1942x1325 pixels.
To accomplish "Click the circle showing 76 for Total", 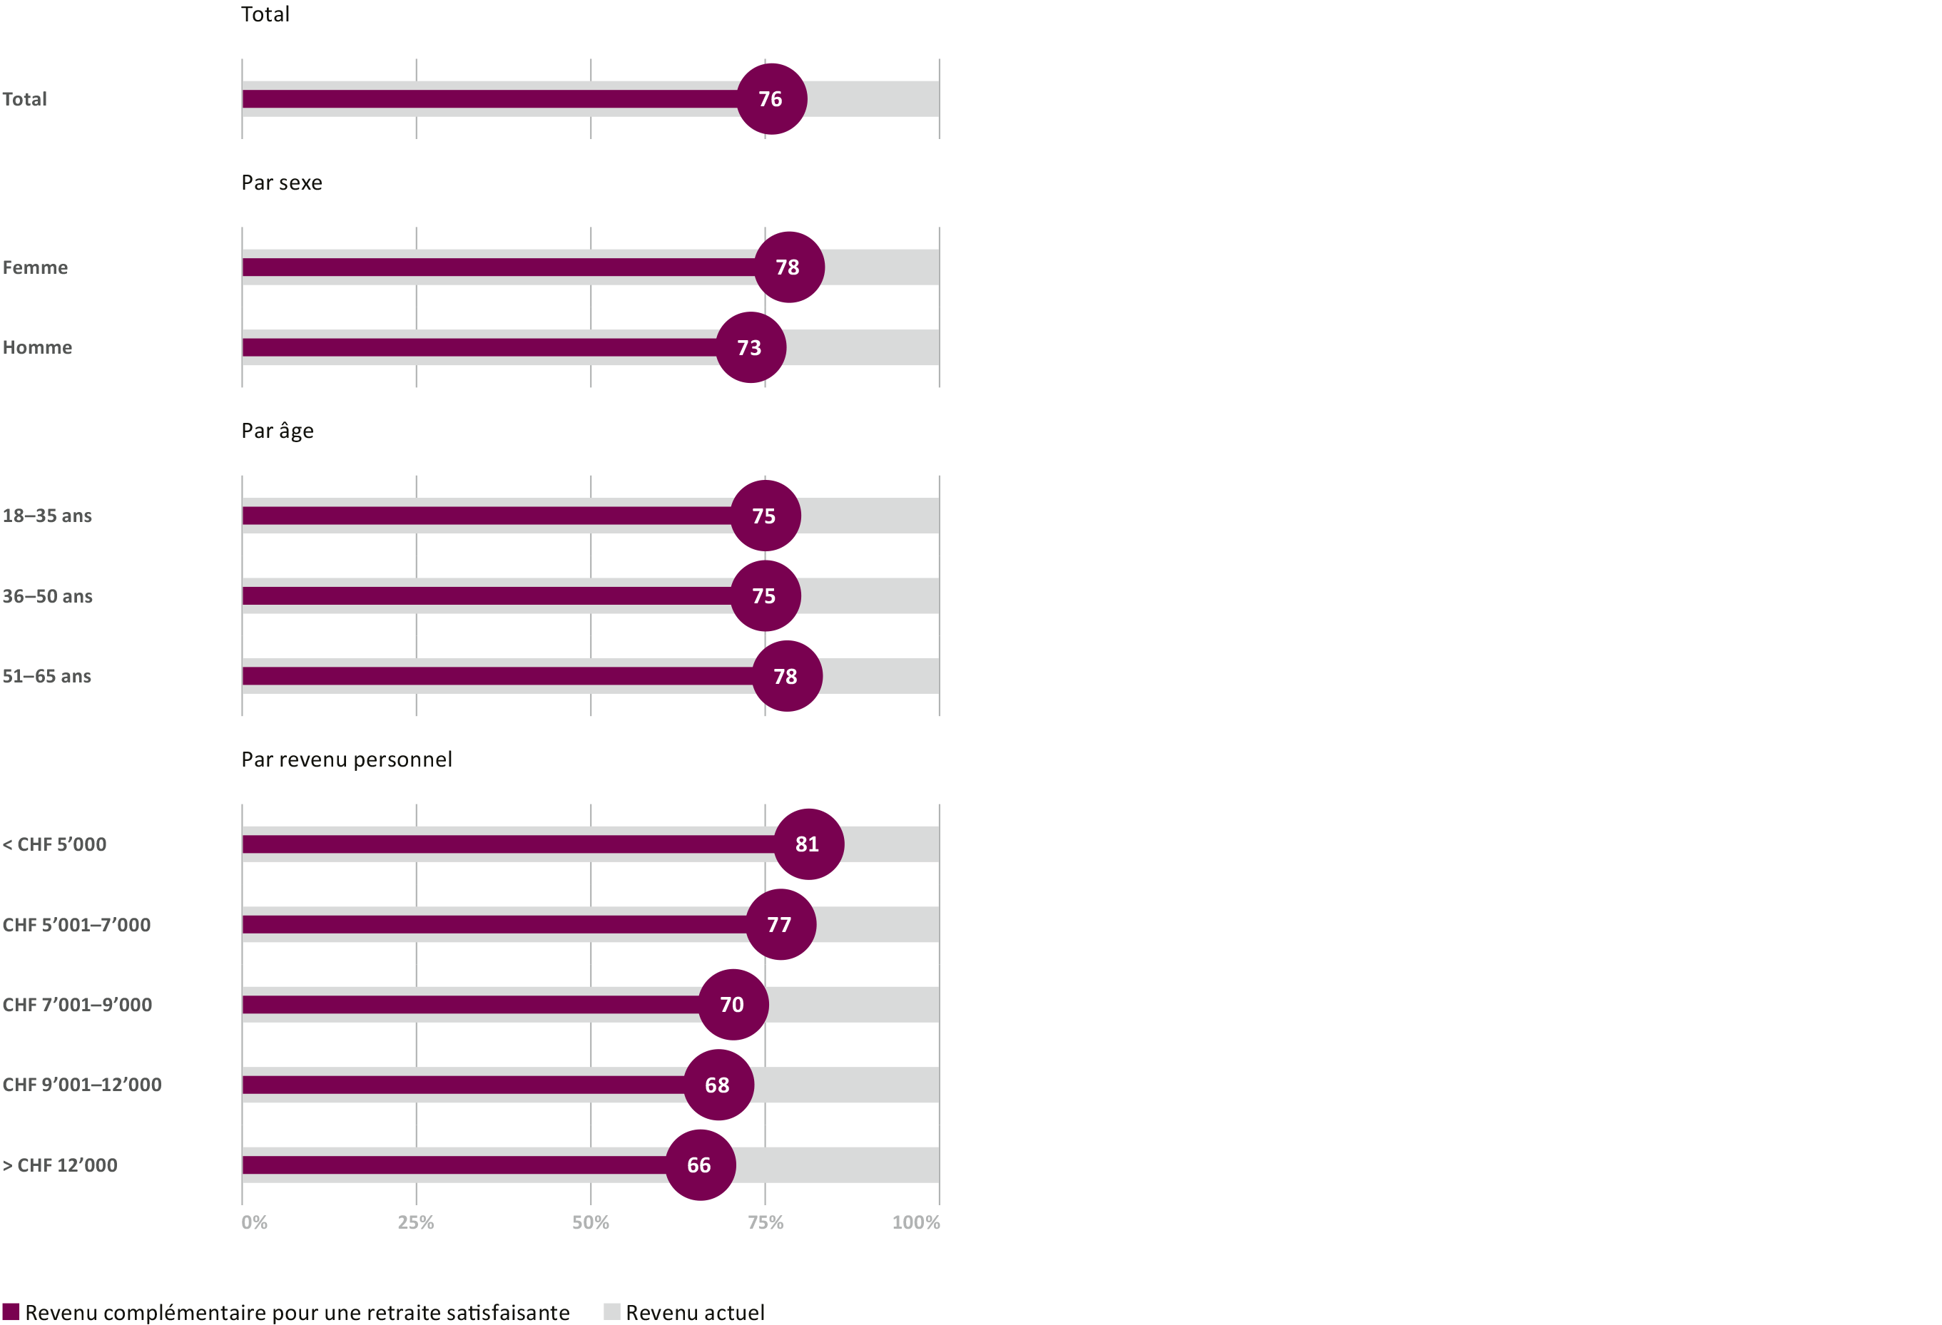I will click(771, 98).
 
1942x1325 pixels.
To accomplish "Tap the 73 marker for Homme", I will click(751, 347).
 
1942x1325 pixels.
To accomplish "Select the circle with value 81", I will click(808, 844).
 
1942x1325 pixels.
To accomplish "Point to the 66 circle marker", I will click(701, 1165).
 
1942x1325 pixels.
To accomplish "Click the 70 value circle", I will click(733, 1004).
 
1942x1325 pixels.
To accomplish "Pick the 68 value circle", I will click(718, 1085).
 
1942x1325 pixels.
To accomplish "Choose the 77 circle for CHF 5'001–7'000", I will click(781, 924).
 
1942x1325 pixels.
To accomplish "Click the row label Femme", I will click(35, 267).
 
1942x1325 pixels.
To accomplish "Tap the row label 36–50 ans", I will click(48, 596).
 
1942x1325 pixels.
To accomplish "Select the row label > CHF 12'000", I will click(60, 1165).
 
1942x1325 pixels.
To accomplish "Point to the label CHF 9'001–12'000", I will click(82, 1085).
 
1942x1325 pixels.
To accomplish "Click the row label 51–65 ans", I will click(47, 677).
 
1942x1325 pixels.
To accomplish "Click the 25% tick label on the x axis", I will click(416, 1223).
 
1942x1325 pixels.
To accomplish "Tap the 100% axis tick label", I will click(916, 1223).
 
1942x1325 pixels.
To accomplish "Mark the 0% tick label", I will click(254, 1223).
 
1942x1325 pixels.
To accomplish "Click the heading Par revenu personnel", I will click(347, 759).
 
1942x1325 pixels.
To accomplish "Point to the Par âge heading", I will click(278, 431).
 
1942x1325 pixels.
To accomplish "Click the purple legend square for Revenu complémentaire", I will click(11, 1311).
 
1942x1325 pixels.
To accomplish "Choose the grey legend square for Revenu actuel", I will click(611, 1311).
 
